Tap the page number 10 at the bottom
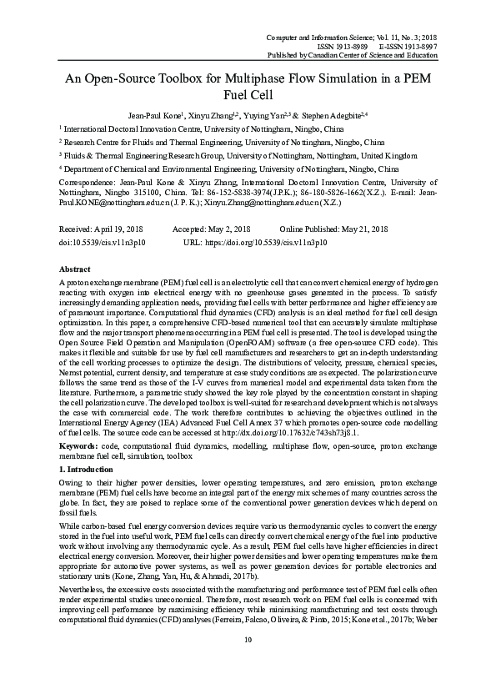point(248,662)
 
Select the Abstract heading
point(76,270)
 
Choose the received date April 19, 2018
point(122,228)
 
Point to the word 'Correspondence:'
point(85,179)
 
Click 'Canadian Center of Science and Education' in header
point(373,56)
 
